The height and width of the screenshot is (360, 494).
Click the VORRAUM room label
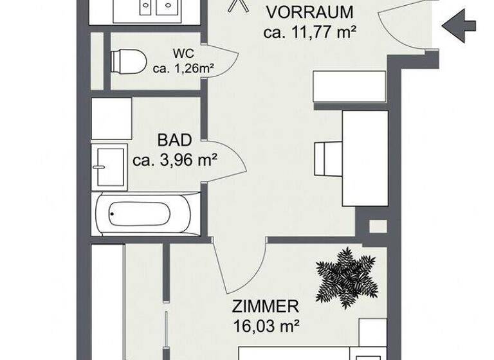310,12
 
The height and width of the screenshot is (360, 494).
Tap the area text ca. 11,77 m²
310,32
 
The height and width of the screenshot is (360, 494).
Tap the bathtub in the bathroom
140,213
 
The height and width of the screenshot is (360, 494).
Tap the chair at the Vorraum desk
327,157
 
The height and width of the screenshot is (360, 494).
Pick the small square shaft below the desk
378,226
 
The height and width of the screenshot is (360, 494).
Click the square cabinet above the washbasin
111,118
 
